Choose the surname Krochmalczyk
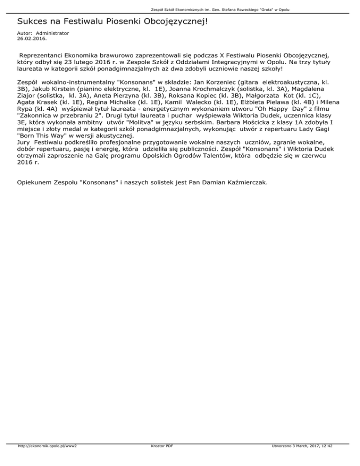pyautogui.click(x=205, y=89)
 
